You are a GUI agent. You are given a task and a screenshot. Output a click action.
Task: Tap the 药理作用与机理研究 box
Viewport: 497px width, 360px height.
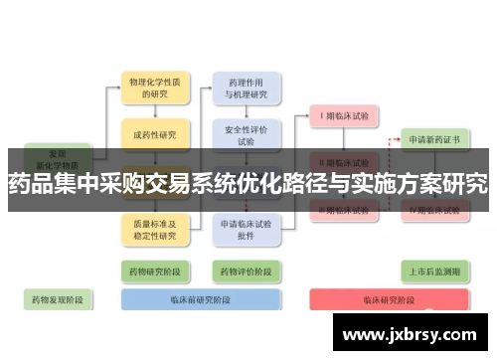246,89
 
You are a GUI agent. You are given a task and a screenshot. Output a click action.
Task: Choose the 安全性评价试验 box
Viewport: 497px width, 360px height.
246,135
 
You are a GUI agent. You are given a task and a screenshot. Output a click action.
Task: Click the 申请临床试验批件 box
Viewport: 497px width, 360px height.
246,230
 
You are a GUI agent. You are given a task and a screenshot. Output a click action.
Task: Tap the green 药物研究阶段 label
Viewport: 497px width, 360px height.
152,270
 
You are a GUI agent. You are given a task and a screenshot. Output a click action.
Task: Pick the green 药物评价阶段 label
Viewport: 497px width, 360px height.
246,270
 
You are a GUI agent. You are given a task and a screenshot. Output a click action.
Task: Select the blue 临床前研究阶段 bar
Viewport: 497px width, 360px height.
199,299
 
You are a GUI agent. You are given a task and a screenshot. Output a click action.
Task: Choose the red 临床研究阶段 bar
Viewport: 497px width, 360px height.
389,299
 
